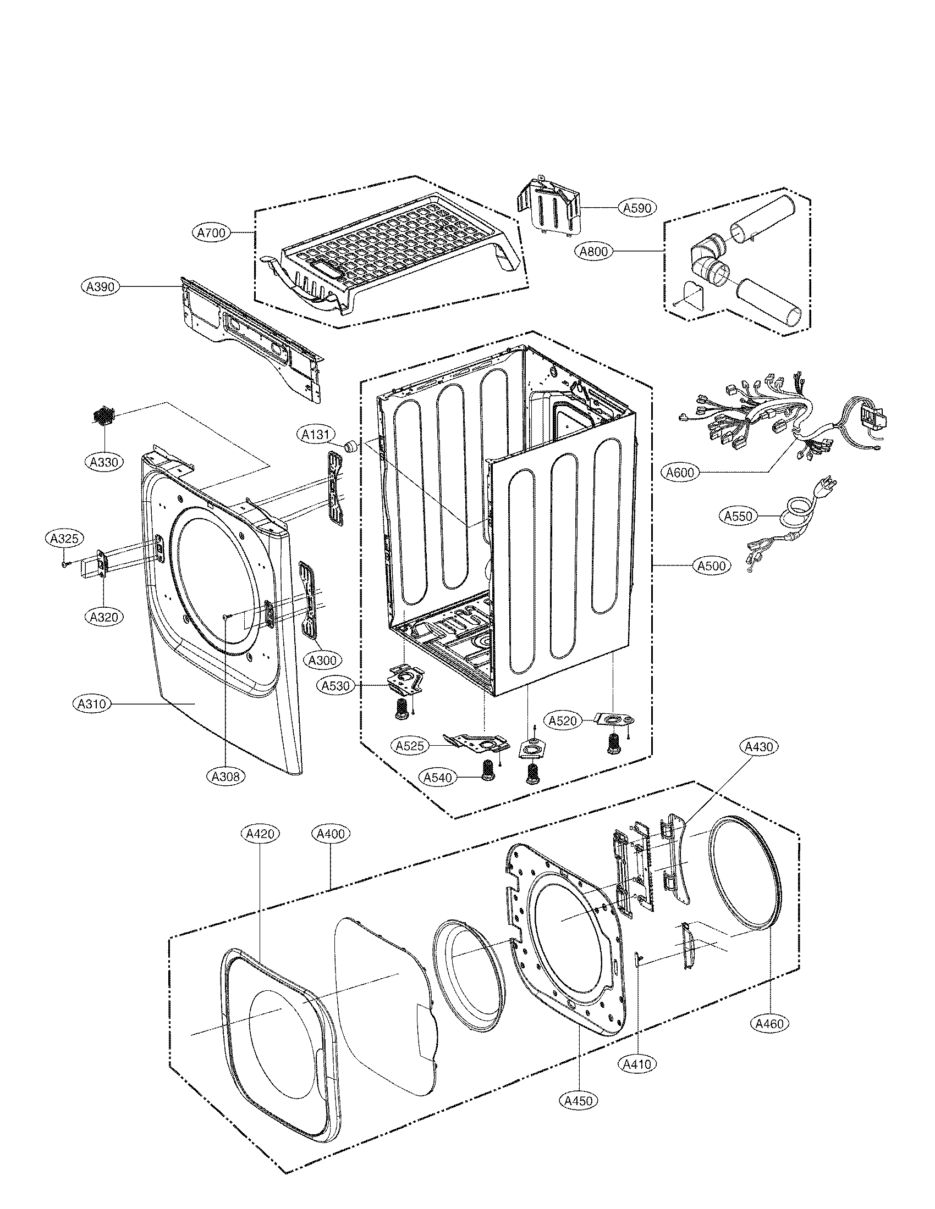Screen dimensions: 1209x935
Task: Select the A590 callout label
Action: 637,208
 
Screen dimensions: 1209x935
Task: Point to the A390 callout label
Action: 100,286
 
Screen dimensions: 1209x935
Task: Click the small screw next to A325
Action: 65,563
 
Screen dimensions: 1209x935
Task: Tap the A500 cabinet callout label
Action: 712,565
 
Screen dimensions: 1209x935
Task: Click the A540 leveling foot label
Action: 438,777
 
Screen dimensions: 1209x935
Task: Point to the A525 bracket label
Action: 410,746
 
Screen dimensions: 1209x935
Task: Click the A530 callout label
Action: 336,686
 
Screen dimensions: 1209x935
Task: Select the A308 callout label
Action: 226,777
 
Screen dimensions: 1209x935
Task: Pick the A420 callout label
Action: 260,833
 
